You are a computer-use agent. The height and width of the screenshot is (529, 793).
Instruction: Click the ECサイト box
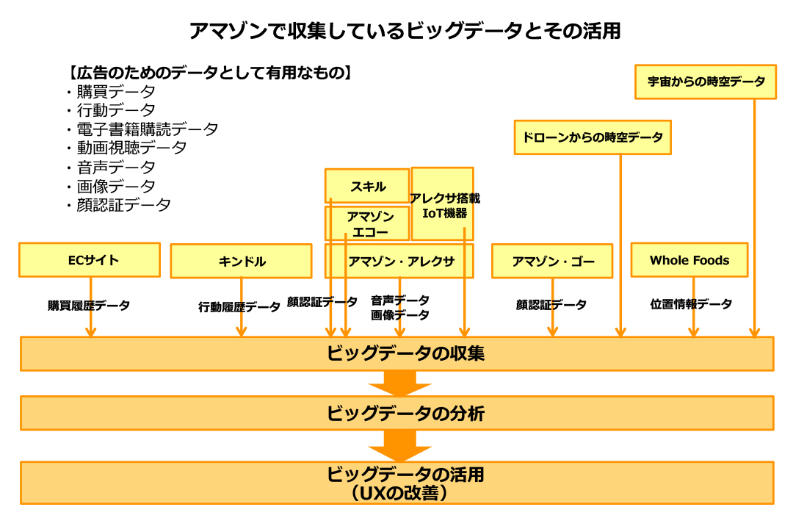[x=89, y=259]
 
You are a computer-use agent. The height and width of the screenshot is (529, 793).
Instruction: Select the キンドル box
[x=241, y=262]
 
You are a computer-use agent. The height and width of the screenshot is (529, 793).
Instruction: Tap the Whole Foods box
[x=689, y=260]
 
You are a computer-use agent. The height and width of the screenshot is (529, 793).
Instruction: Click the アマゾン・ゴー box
[x=551, y=261]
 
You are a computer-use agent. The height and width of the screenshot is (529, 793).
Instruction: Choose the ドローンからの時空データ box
[x=593, y=137]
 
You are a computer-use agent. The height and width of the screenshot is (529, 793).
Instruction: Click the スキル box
[x=367, y=186]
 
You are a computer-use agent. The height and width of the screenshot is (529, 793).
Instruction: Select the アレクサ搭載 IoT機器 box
[x=443, y=204]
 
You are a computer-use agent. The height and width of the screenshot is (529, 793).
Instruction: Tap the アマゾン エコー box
[x=367, y=223]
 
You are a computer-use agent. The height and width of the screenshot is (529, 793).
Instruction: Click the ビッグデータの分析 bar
[x=396, y=413]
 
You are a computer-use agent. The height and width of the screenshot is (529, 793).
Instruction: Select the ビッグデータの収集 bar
[x=396, y=353]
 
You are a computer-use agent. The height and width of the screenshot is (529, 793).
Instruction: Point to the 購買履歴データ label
[x=89, y=305]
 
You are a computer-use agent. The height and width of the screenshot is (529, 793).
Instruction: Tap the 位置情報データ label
[x=690, y=303]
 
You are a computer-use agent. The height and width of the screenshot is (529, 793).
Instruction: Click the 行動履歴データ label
[x=239, y=307]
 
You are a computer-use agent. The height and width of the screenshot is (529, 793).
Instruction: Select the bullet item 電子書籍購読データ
[x=147, y=129]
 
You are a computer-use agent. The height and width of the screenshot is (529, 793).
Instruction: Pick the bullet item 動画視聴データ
[x=131, y=148]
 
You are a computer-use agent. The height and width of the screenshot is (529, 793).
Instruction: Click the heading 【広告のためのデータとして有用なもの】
[x=209, y=73]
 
